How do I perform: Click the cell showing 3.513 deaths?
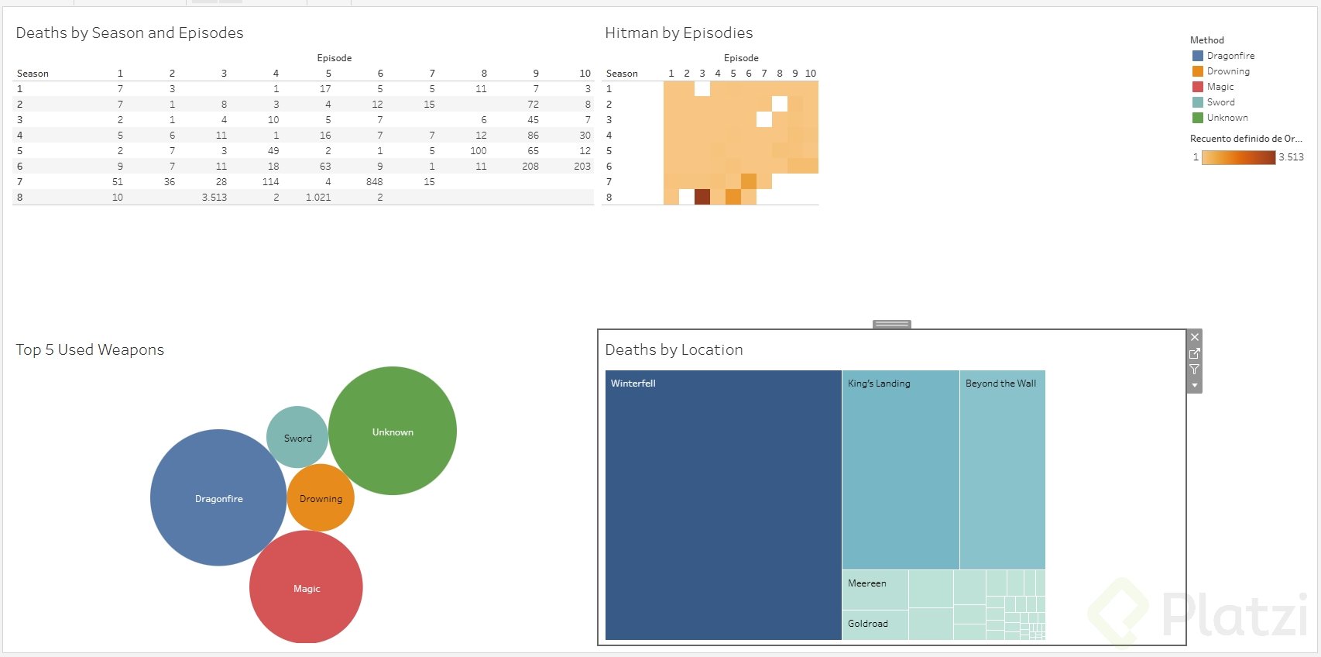tap(214, 198)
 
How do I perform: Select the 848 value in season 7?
tap(375, 182)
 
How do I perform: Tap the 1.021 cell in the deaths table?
tap(318, 198)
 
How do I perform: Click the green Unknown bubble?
tap(393, 431)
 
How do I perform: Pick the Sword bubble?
tap(297, 437)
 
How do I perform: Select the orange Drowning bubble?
tap(321, 498)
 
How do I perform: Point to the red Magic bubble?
tap(306, 587)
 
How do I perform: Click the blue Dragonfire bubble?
tap(218, 497)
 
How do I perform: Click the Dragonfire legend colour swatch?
tap(1198, 56)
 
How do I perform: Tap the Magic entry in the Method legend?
tap(1220, 87)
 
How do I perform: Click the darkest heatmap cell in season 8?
tap(702, 197)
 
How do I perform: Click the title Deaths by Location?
tap(674, 350)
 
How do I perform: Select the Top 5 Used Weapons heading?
tap(90, 350)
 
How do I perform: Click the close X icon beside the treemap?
tap(1195, 337)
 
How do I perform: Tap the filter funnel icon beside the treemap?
tap(1195, 370)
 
